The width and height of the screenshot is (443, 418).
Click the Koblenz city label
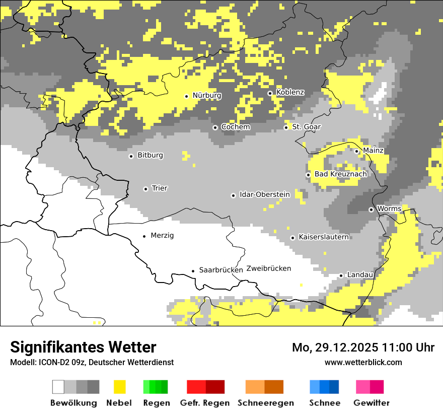(x=290, y=93)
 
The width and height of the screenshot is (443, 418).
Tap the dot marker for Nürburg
(x=186, y=96)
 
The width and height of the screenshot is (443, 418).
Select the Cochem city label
(x=235, y=127)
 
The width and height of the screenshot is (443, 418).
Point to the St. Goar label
(x=306, y=127)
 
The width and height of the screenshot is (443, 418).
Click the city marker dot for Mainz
(x=356, y=151)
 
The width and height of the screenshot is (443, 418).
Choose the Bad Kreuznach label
(x=340, y=174)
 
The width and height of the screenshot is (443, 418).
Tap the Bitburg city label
(x=150, y=156)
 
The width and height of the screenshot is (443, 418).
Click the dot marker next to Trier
(x=145, y=189)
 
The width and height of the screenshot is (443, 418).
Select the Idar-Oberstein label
(x=264, y=195)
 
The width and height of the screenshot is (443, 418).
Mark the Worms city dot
(x=371, y=210)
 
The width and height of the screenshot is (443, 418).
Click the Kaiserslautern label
(x=323, y=237)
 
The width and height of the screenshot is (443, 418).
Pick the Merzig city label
(x=162, y=236)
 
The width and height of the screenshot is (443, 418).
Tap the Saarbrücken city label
(x=220, y=270)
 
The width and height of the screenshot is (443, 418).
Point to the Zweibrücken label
(x=268, y=268)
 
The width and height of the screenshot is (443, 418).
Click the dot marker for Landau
(x=341, y=275)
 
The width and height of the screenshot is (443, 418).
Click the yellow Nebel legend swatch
(x=120, y=387)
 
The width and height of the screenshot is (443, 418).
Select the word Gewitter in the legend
(x=371, y=403)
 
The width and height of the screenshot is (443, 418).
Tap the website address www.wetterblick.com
(x=363, y=363)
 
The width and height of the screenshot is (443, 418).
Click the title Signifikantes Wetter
(x=83, y=347)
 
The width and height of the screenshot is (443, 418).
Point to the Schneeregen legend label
(x=266, y=403)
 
